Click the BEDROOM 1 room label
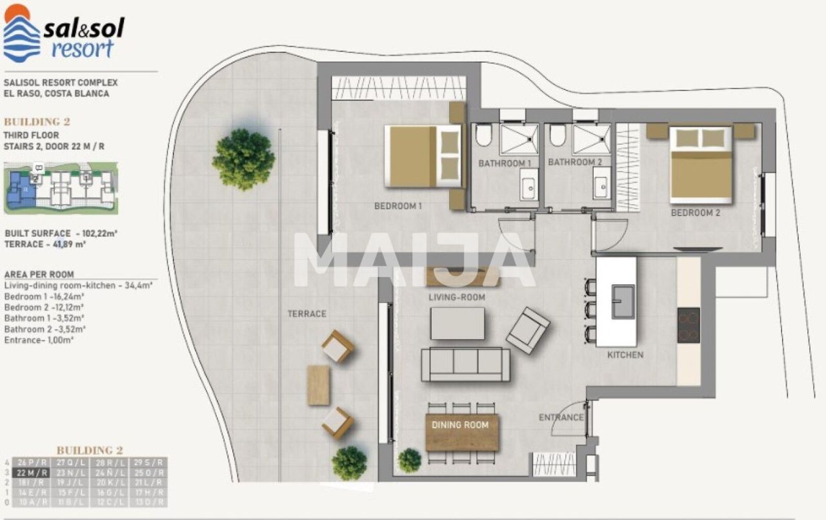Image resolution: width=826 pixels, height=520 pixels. point(398,207)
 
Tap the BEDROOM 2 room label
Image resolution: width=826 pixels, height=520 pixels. point(695,213)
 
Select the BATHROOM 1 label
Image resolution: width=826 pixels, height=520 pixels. point(504,163)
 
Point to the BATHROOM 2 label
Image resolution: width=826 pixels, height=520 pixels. point(574,162)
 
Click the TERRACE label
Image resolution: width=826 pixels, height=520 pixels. point(307,314)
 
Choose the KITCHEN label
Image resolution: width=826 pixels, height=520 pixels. point(625,355)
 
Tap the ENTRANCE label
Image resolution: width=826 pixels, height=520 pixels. point(561,417)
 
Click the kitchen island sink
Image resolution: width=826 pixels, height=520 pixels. point(623,302)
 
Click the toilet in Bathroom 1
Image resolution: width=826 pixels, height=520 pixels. point(484,135)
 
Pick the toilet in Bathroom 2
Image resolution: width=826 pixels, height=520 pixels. point(558,135)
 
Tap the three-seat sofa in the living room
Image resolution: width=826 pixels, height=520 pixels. point(465,364)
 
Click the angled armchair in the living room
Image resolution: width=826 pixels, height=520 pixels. point(528,330)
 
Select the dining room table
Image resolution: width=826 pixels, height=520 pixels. point(461,431)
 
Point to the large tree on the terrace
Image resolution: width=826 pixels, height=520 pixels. point(243,159)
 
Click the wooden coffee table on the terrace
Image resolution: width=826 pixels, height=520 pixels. point(319,385)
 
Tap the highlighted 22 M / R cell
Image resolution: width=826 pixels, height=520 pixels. point(32,472)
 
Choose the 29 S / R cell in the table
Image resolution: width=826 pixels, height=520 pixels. point(150,463)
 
